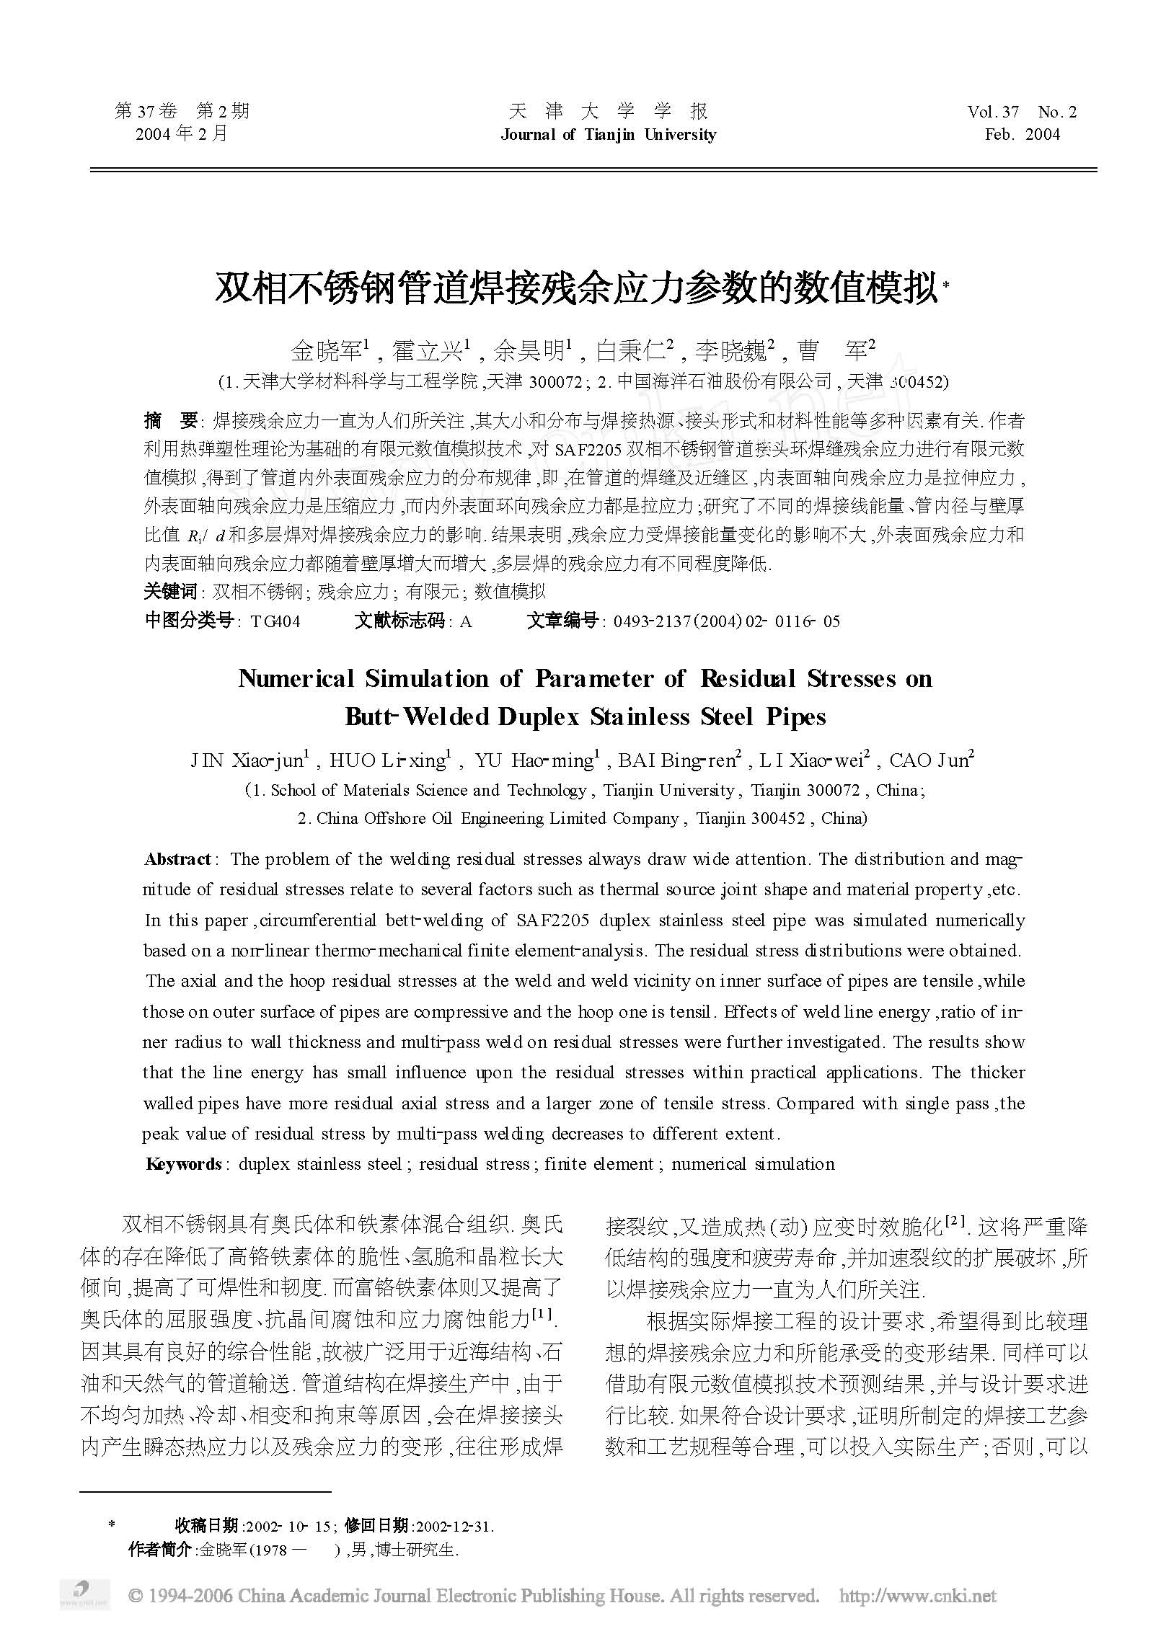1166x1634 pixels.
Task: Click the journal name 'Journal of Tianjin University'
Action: (x=608, y=135)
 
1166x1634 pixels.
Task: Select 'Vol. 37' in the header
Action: (x=993, y=112)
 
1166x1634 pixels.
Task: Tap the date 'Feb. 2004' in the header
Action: (x=1022, y=135)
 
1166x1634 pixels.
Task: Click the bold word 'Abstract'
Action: (x=177, y=859)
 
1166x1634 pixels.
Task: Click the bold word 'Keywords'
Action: (x=183, y=1164)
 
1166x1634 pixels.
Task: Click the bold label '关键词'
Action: (x=170, y=592)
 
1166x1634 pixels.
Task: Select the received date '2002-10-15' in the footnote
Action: (x=288, y=1526)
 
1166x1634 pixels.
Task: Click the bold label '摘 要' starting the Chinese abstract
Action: (x=170, y=420)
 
